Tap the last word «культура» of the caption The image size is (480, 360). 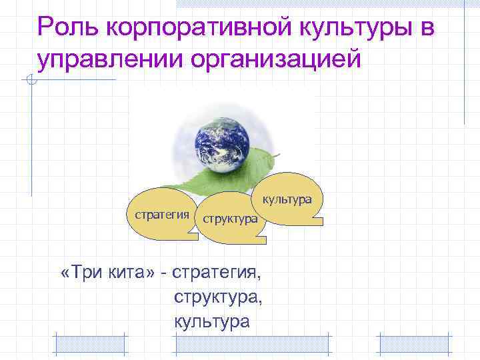pyautogui.click(x=211, y=322)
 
